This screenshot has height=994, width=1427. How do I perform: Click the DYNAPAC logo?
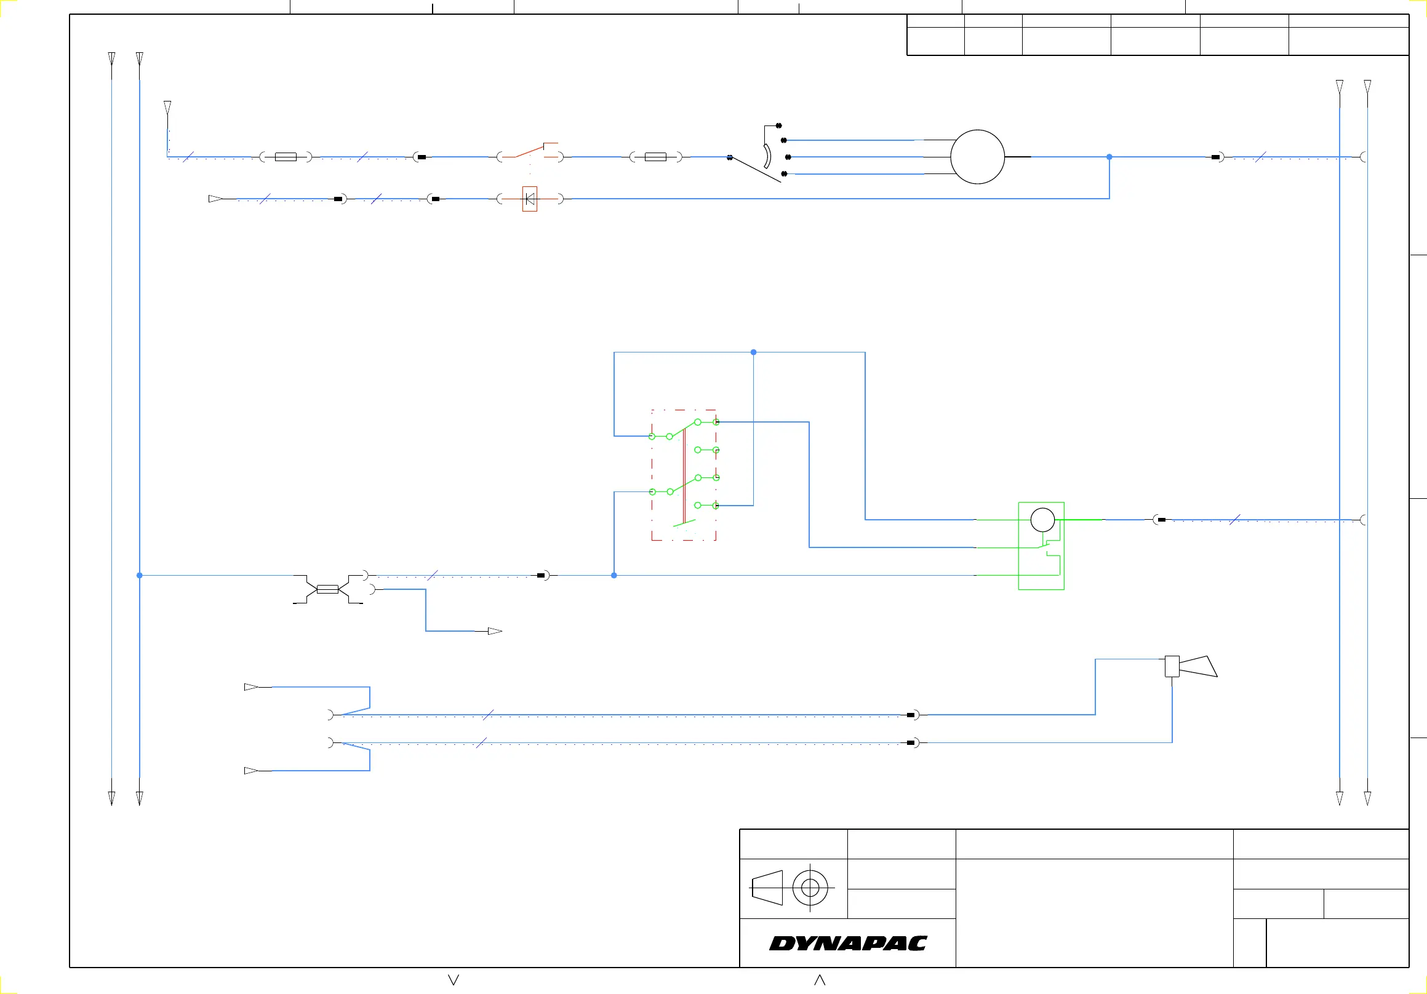coord(848,944)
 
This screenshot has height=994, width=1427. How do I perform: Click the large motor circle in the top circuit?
coord(977,157)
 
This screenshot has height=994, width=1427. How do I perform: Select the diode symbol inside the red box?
coord(530,199)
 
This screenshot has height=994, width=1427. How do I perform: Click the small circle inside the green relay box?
coord(1042,520)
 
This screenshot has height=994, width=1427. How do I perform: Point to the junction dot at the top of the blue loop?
coord(753,352)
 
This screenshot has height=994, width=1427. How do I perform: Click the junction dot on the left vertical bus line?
coord(139,576)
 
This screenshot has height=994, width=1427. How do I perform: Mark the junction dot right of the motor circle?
coord(1109,157)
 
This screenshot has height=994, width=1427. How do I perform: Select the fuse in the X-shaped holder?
coord(327,589)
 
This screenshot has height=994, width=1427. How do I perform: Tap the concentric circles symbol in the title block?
coord(810,888)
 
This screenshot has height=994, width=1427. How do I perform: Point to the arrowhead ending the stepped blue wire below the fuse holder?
coord(495,631)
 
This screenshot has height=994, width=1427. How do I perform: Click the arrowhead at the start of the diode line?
coord(215,199)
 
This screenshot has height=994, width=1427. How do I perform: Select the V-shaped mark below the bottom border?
coord(454,980)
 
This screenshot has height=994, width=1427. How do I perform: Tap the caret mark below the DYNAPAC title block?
coord(820,980)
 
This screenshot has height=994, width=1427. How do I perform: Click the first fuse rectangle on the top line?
coord(286,157)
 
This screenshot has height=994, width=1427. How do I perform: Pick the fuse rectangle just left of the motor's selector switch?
coord(655,157)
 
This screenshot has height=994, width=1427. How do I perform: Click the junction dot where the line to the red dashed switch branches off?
coord(614,576)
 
